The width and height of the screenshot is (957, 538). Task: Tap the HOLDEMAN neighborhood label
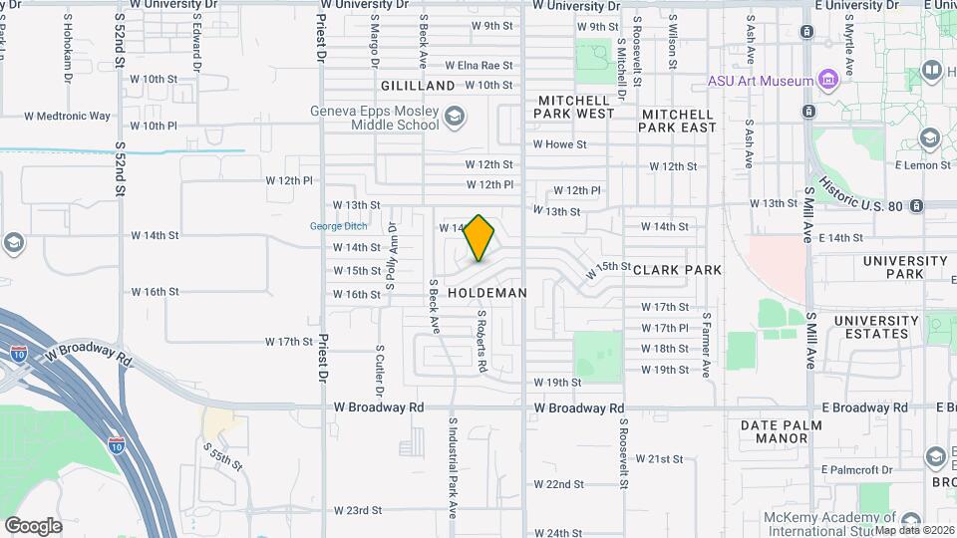(486, 293)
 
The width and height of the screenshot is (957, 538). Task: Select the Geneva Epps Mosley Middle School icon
(455, 118)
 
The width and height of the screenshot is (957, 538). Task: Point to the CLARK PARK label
(677, 270)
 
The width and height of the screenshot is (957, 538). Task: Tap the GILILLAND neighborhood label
(417, 86)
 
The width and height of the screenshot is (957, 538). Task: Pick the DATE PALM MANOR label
(789, 431)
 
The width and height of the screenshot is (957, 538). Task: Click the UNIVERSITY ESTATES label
(876, 327)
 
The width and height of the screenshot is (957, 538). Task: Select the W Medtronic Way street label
(74, 117)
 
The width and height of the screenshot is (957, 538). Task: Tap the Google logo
(33, 525)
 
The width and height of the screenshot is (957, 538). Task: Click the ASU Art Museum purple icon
(826, 80)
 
